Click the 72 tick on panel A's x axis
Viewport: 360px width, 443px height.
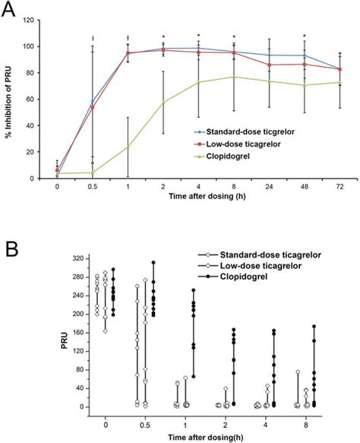tap(339, 186)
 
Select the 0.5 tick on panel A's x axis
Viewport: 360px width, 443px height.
tap(92, 186)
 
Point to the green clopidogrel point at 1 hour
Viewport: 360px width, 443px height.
tap(128, 147)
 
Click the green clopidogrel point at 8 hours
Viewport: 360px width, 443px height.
tap(233, 77)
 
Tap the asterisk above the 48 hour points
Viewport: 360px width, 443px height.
tap(304, 36)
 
